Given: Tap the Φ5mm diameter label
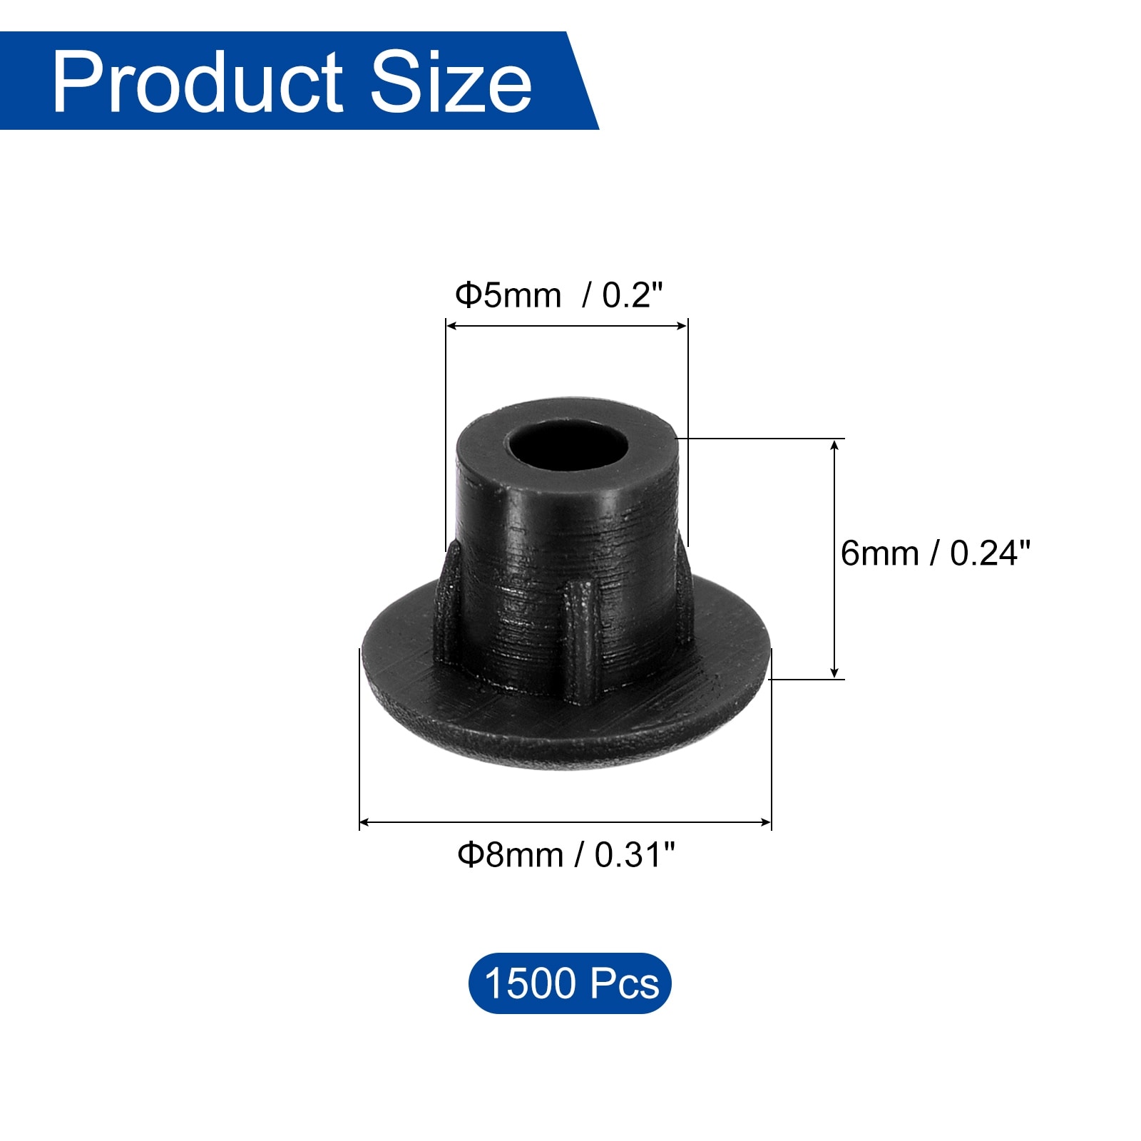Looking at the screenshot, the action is pyautogui.click(x=508, y=295).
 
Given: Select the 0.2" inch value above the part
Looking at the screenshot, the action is pyautogui.click(x=633, y=295).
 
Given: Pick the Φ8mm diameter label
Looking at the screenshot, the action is pyautogui.click(x=510, y=854).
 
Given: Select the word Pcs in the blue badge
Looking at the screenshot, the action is pyautogui.click(x=625, y=983).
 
